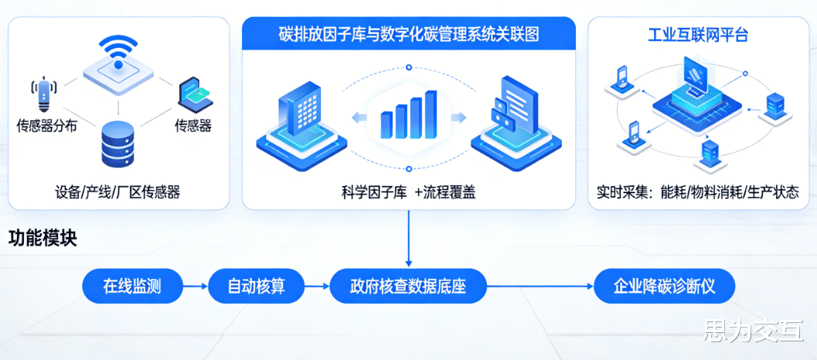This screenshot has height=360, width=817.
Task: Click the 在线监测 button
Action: click(x=132, y=287)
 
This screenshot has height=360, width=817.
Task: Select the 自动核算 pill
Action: click(x=257, y=287)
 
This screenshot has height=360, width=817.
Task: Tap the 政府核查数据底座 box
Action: click(x=409, y=287)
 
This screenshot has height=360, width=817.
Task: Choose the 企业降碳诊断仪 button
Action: click(x=664, y=287)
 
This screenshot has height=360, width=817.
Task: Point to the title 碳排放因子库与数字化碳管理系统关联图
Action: click(x=409, y=35)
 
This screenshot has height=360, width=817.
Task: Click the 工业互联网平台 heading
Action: click(x=698, y=35)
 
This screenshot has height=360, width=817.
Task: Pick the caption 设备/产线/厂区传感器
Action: click(x=117, y=192)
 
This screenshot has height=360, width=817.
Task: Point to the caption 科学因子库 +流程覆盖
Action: click(x=408, y=192)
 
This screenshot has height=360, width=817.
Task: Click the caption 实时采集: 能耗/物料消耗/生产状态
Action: click(x=698, y=192)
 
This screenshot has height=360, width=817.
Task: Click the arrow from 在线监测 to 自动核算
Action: click(x=196, y=287)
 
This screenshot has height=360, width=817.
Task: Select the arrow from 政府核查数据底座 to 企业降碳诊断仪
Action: click(x=541, y=287)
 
